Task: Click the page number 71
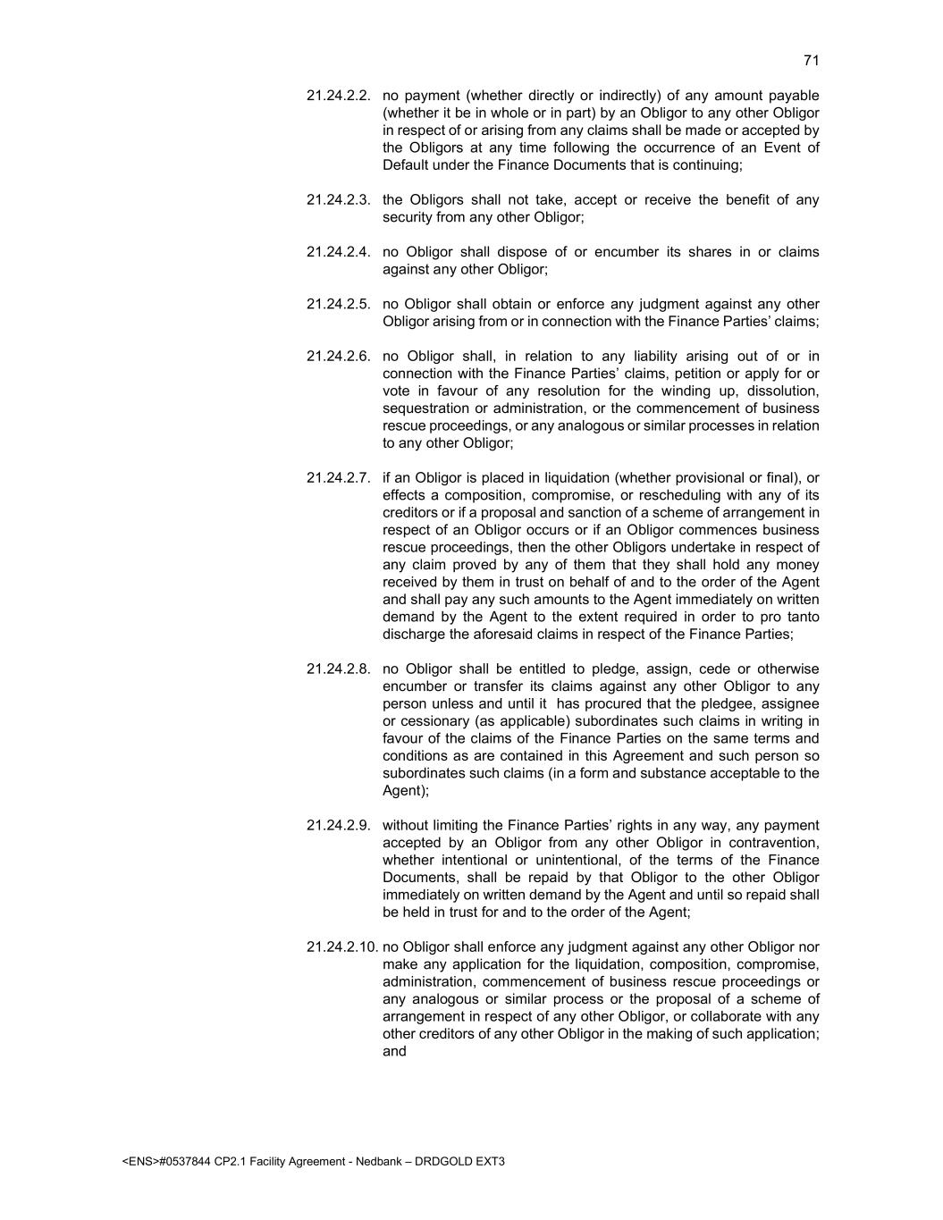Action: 811,60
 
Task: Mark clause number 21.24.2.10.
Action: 341,947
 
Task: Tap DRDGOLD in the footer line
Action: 444,1162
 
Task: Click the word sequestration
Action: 422,408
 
